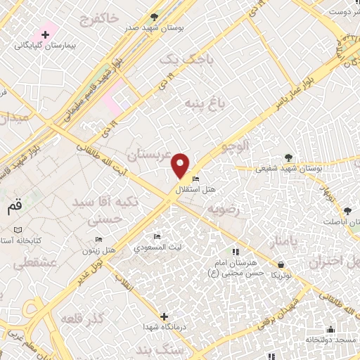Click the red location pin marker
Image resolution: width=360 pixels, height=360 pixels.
point(181,166)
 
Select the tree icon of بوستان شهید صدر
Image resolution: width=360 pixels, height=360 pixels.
point(154,17)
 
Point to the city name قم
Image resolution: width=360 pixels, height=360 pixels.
point(14,207)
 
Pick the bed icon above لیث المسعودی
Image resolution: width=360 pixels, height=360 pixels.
point(157,237)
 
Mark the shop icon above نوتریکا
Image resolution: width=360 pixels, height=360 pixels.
point(281,264)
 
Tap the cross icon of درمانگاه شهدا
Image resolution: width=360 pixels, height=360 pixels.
point(164,316)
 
